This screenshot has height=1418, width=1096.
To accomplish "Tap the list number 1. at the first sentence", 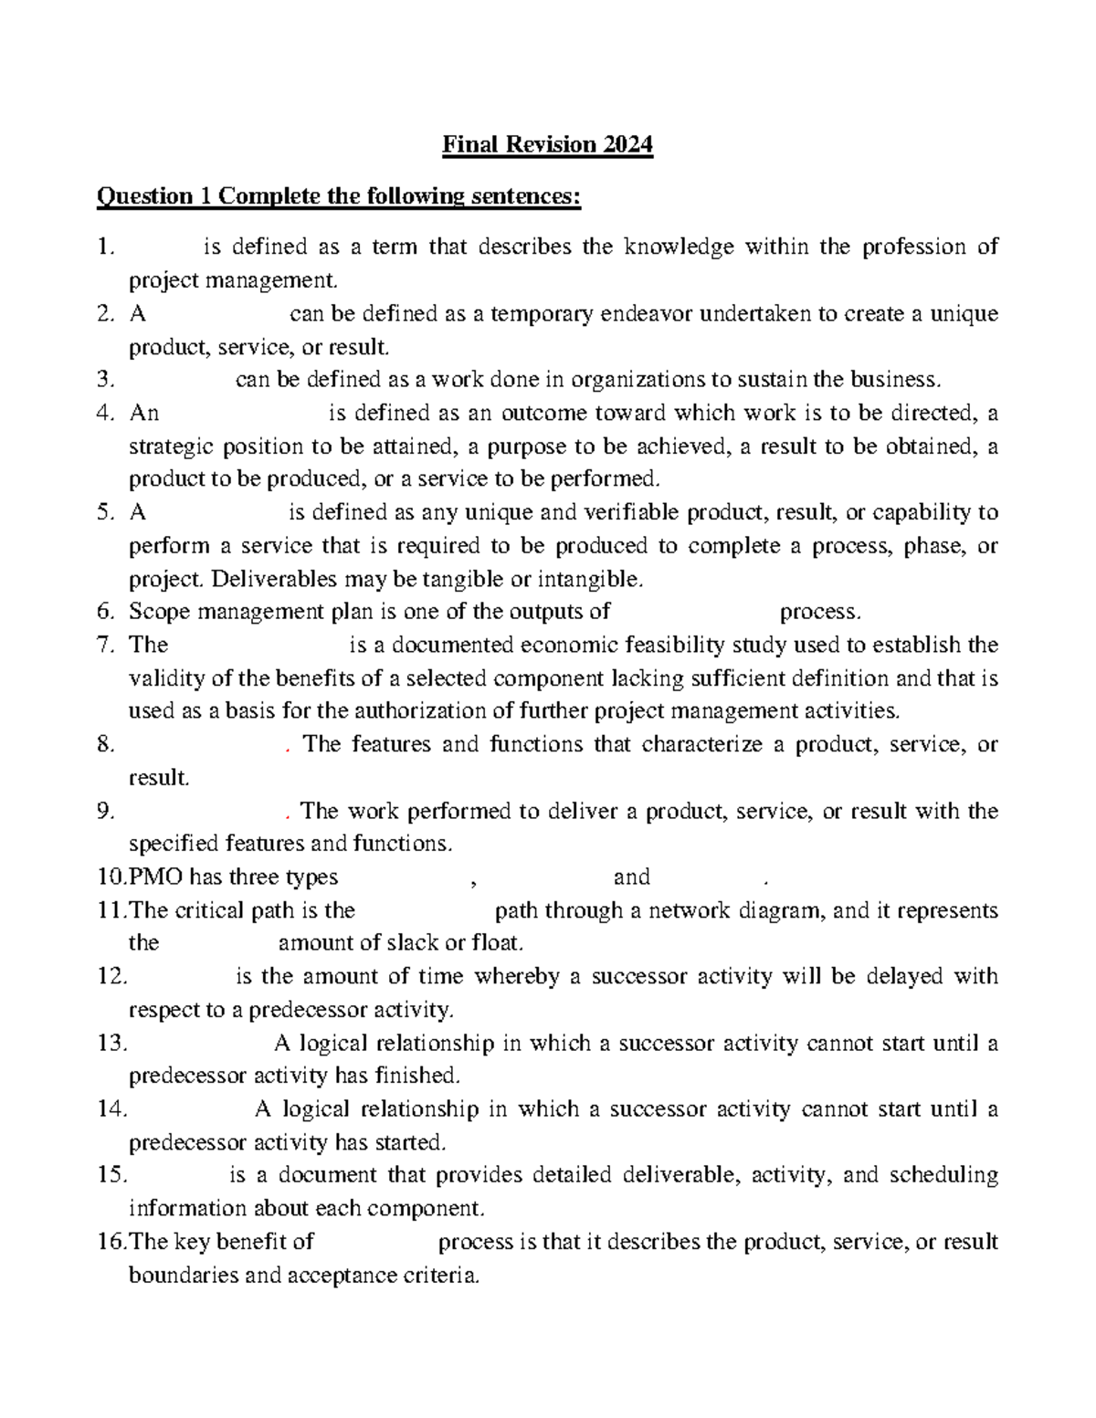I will pos(107,247).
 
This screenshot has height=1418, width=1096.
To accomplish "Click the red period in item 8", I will pos(287,748).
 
